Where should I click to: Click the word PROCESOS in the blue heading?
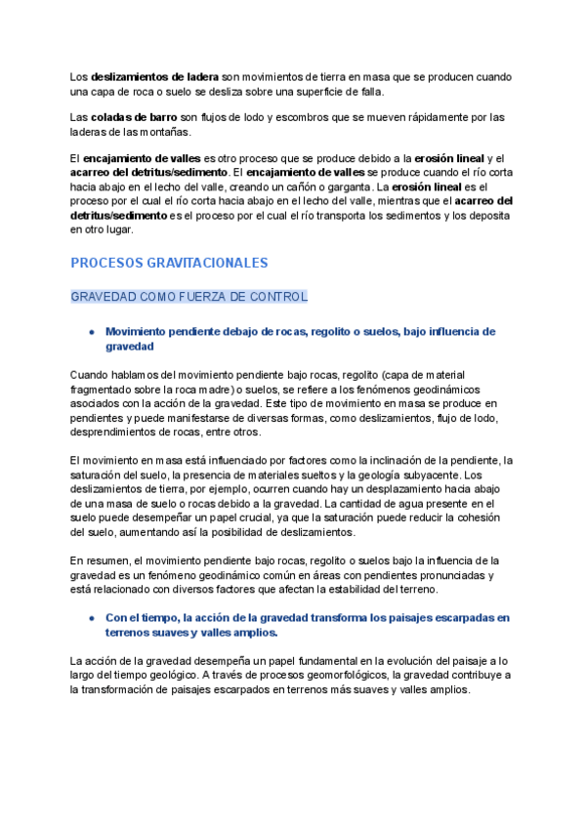click(x=105, y=264)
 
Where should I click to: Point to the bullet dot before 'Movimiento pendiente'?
click(x=91, y=332)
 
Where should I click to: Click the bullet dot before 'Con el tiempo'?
click(x=91, y=618)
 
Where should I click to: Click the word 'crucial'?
click(x=276, y=517)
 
